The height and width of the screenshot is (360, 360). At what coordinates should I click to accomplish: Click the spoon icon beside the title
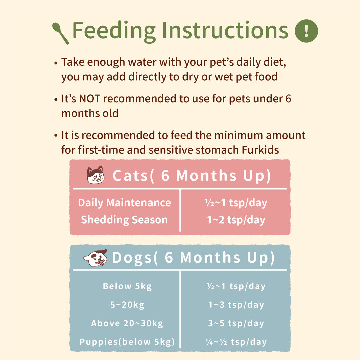[60, 33]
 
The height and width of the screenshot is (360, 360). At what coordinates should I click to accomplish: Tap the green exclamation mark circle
[306, 31]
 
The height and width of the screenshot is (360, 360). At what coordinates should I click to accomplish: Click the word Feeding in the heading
[114, 31]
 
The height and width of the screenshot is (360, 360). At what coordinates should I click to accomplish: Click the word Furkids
[260, 150]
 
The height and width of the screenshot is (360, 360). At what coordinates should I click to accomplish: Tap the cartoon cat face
[96, 175]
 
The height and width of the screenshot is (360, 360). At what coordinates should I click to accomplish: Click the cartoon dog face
[95, 258]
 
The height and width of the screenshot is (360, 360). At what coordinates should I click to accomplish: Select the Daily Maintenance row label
[124, 203]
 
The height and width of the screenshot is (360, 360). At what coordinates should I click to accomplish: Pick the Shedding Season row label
[124, 220]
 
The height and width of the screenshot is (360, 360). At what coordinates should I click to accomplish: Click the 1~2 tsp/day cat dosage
[236, 220]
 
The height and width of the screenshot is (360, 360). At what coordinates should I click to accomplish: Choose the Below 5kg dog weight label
[127, 286]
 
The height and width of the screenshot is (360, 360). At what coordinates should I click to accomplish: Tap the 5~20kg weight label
[127, 305]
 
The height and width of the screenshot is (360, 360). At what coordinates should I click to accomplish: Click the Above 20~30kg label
[127, 323]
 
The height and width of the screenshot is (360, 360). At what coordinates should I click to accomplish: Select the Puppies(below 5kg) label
[127, 342]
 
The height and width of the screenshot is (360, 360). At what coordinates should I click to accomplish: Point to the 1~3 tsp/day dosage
[236, 305]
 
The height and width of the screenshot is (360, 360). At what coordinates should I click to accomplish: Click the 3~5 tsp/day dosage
[236, 323]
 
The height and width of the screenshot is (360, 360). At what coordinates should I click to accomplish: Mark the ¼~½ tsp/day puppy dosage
[236, 342]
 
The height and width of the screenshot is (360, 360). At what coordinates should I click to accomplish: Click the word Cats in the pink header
[130, 176]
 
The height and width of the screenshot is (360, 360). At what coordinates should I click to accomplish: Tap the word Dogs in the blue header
[132, 258]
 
